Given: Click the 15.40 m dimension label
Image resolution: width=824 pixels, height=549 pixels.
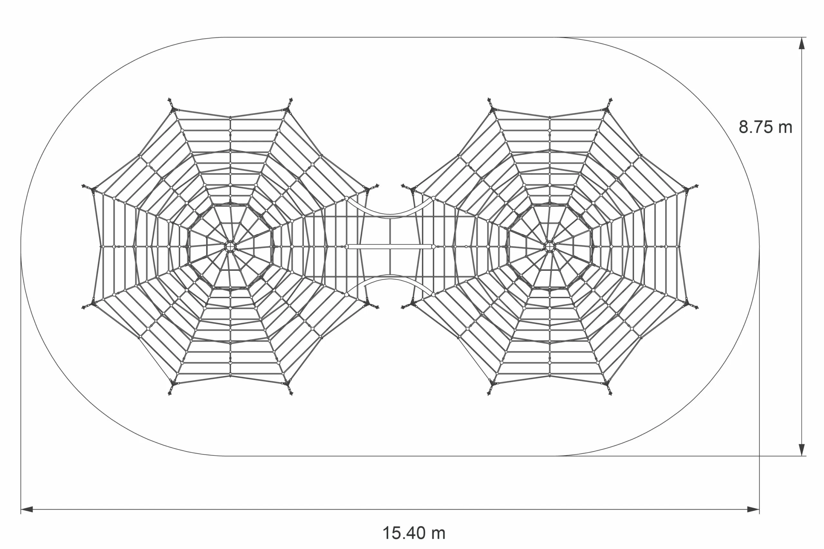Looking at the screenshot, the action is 414,533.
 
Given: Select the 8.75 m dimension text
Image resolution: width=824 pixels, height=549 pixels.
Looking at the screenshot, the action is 765,127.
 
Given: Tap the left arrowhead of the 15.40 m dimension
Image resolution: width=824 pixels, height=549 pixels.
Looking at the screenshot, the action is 27,509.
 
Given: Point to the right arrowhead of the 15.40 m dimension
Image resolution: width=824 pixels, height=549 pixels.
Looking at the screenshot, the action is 753,509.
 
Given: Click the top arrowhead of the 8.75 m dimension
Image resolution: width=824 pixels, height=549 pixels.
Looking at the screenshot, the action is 801,43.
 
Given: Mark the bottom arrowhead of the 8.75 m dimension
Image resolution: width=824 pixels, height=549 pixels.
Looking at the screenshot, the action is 801,450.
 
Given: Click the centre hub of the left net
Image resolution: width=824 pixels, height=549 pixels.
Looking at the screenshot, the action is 230,246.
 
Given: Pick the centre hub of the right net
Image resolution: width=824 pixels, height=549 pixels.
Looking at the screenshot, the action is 550,246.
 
